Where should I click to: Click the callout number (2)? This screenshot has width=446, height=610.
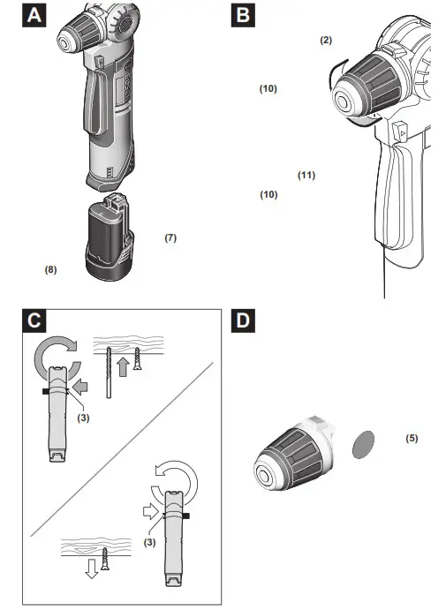[326, 41]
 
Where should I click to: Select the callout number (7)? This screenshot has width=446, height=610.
[170, 238]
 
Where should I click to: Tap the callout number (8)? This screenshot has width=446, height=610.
[51, 270]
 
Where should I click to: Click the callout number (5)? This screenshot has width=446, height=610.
[412, 437]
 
